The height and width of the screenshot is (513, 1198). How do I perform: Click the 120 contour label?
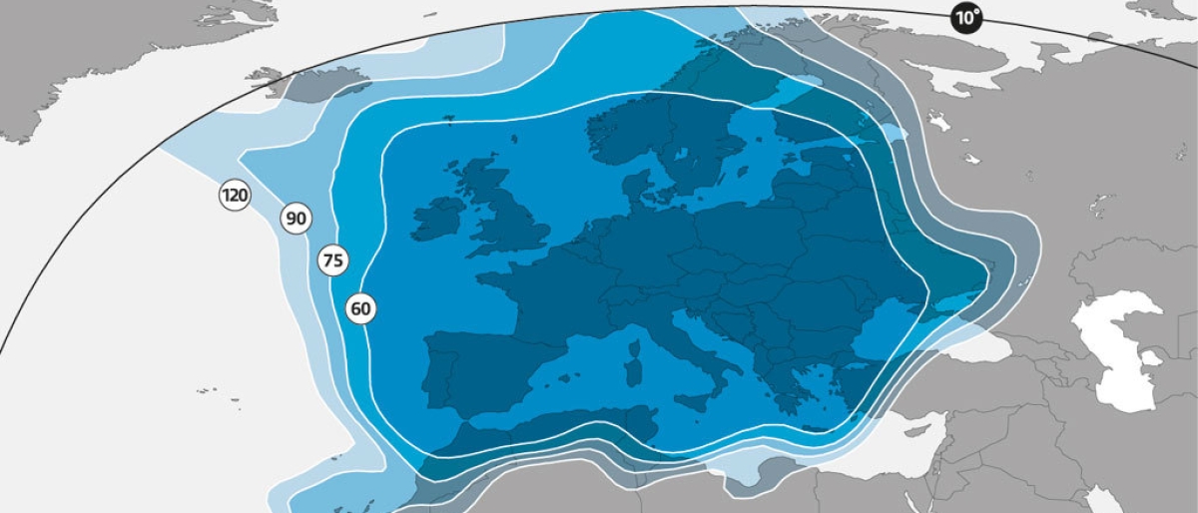point(235,196)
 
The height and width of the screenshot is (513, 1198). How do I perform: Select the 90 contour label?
point(296,219)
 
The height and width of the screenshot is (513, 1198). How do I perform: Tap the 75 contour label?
point(332,261)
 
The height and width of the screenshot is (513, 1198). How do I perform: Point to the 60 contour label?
point(360,309)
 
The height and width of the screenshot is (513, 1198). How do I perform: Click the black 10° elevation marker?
point(965,18)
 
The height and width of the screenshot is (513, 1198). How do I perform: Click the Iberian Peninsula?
point(479,369)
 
